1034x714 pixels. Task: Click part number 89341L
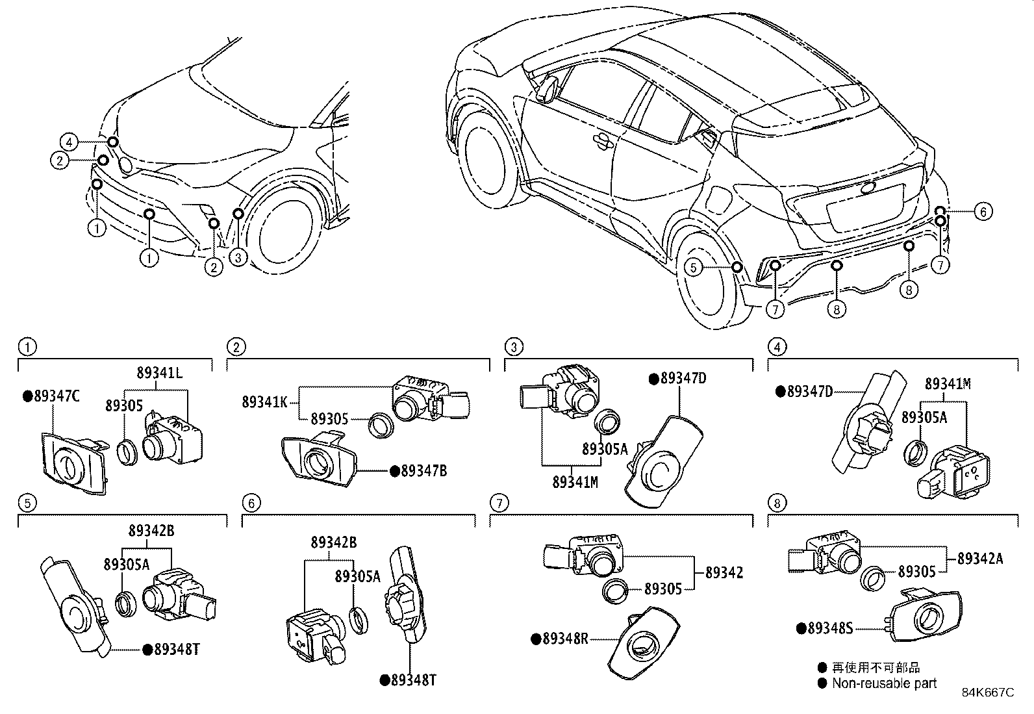(159, 373)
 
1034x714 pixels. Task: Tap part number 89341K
(264, 402)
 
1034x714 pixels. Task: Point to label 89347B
(423, 471)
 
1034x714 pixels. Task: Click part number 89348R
(564, 639)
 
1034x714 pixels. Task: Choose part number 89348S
(829, 628)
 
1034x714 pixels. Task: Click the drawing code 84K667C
(987, 693)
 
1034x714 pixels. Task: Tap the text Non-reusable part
(885, 683)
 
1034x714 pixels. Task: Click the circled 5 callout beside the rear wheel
(694, 268)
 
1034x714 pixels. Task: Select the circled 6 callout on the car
(984, 212)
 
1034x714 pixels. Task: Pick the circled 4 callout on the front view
(69, 141)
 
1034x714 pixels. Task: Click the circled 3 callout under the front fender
(238, 258)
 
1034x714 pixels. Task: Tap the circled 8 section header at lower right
(776, 503)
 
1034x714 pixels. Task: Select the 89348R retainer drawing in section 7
(643, 643)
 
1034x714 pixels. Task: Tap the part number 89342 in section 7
(724, 573)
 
